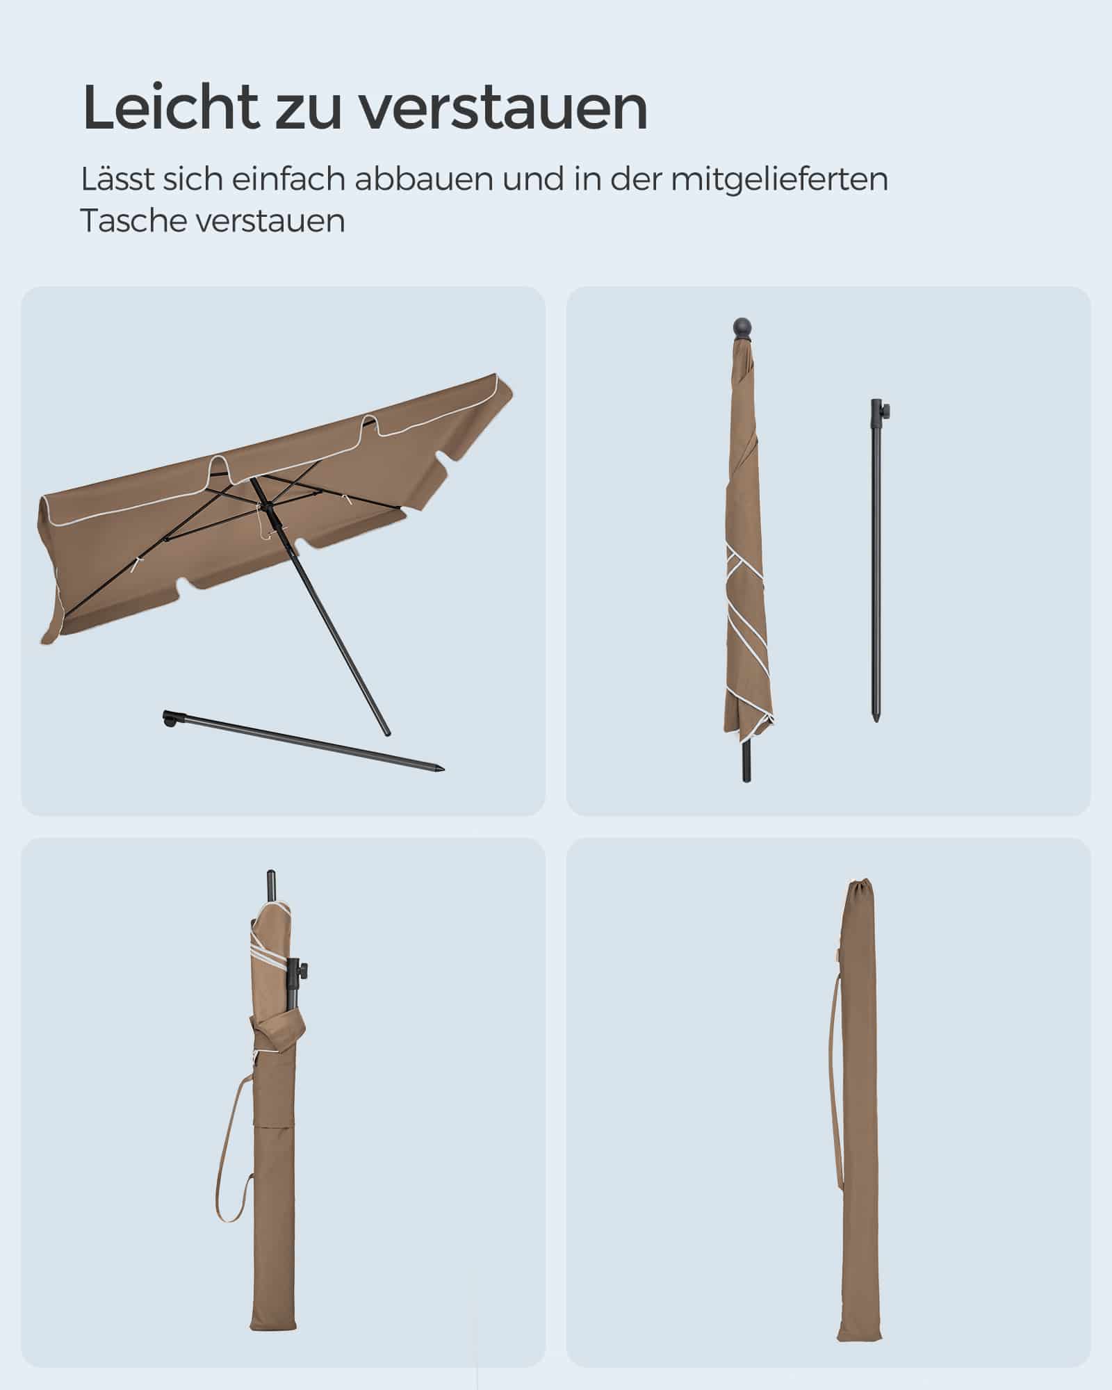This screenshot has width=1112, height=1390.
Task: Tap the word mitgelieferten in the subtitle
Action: (x=779, y=179)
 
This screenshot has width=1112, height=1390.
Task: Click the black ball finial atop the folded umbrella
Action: (x=743, y=327)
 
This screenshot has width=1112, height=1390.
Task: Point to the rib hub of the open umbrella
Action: (x=253, y=482)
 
